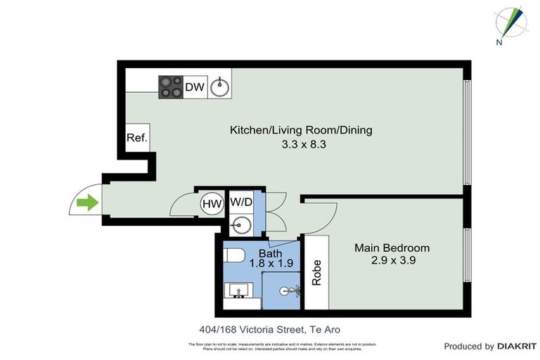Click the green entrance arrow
pos(86,204)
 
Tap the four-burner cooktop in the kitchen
pos(171,86)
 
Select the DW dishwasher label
pos(195,87)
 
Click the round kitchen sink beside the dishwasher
pos(220,87)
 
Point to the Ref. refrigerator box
pos(136,138)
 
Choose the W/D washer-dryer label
pos(241,202)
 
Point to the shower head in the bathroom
pos(288,290)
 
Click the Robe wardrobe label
pos(317,271)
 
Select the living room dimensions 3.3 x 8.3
pos(300,144)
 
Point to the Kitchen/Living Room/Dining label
pos(300,130)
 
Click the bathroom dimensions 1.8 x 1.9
pos(271,264)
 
